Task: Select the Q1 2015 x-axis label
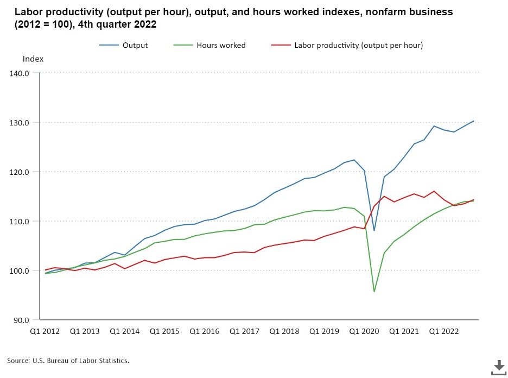click(164, 331)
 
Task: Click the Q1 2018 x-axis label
click(284, 331)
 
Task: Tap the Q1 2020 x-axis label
click(364, 331)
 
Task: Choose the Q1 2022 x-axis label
click(444, 331)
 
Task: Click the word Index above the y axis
click(33, 59)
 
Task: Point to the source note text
click(68, 361)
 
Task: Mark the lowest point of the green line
click(374, 292)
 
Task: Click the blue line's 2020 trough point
click(374, 231)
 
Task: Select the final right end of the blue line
click(474, 121)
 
